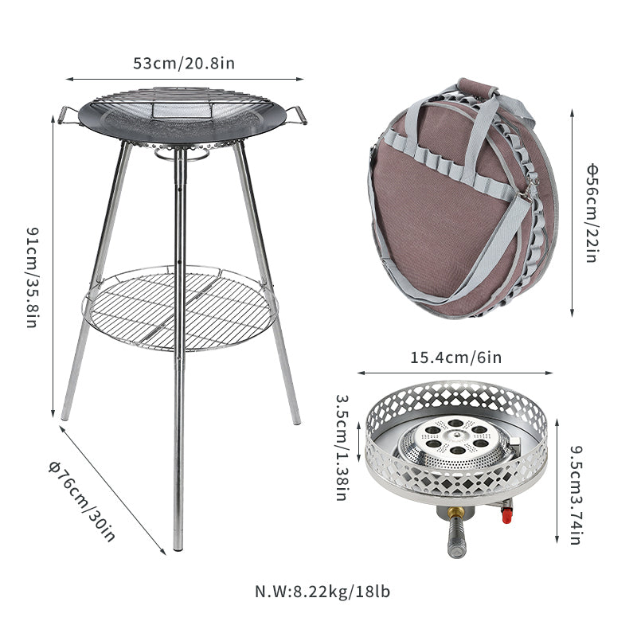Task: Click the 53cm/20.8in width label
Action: click(184, 63)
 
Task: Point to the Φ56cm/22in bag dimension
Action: click(592, 213)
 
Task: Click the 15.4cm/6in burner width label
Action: click(455, 358)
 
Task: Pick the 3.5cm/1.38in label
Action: click(341, 447)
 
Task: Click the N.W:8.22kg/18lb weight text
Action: click(322, 592)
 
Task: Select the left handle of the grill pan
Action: click(68, 116)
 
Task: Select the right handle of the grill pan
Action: click(296, 115)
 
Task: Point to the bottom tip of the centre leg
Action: click(178, 546)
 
